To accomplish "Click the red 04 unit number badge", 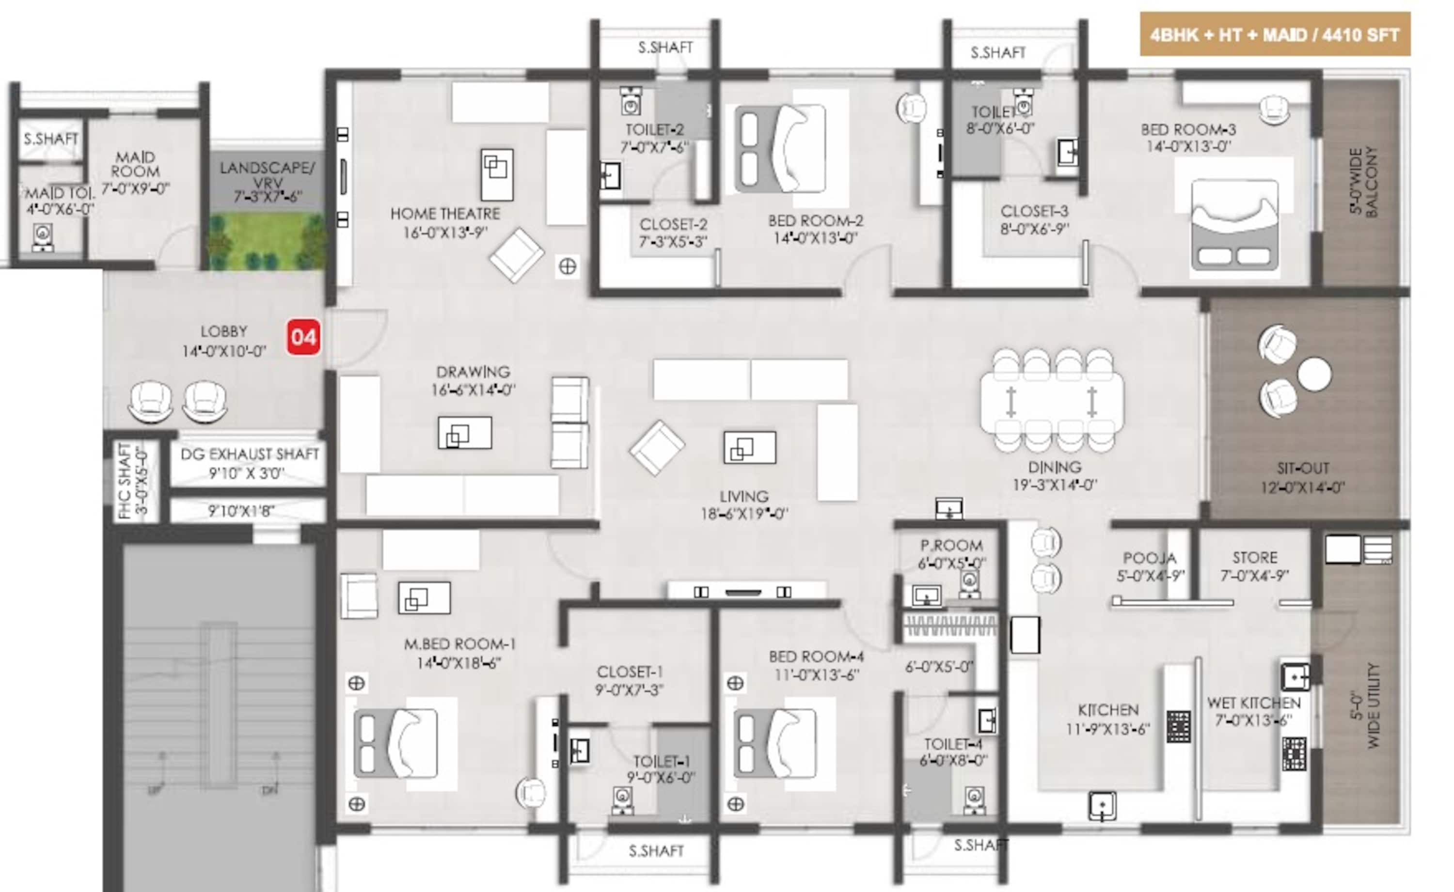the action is point(303,337).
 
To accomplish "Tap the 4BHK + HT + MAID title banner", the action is point(1275,34).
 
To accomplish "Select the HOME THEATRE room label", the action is point(445,214).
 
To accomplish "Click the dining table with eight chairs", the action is point(1052,401).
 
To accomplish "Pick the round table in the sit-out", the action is point(1314,374).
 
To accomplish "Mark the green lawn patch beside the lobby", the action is point(266,241).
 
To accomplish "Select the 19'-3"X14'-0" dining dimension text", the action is point(1055,485).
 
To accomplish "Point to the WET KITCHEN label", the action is point(1253,703).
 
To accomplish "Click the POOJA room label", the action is point(1149,558).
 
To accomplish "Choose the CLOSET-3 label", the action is point(1034,211).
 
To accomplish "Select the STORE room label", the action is point(1254,558).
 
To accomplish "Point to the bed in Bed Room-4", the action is point(775,743).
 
